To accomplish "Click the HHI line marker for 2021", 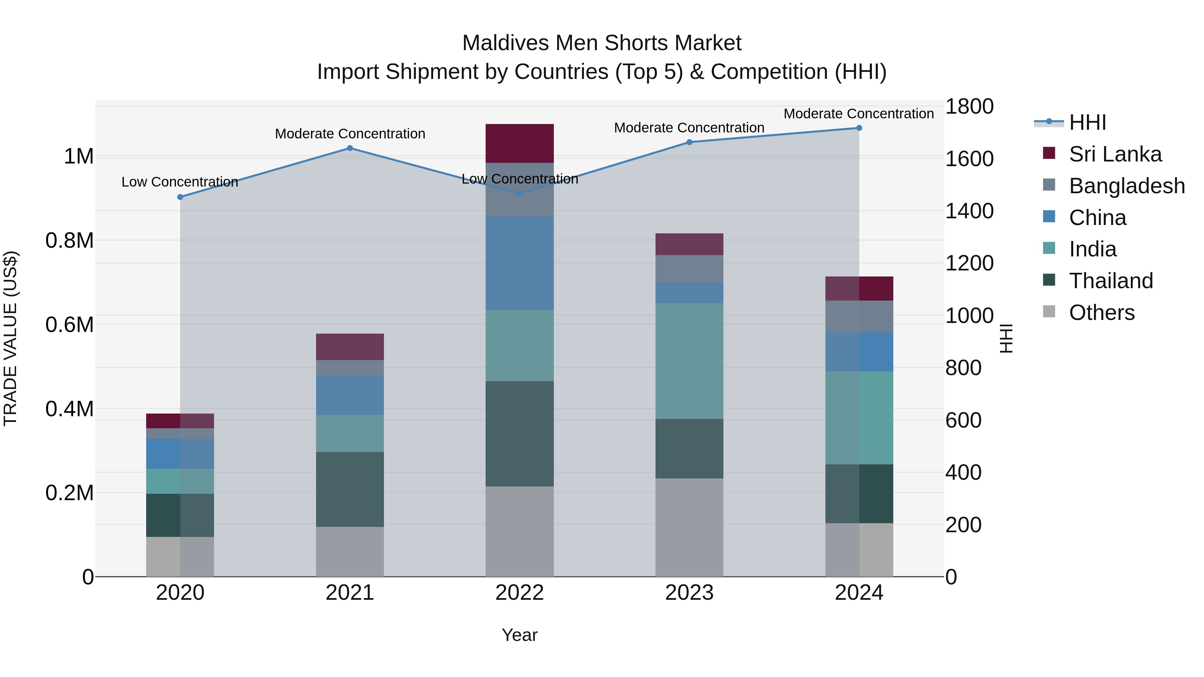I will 349,148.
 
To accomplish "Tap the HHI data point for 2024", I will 859,128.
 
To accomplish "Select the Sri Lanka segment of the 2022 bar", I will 519,143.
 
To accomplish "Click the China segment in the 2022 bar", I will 519,263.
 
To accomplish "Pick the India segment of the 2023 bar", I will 689,361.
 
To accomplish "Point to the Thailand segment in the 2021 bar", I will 349,489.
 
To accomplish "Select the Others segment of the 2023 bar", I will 689,527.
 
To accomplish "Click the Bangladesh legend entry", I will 1126,186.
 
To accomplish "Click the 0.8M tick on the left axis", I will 69,241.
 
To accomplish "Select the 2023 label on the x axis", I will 689,593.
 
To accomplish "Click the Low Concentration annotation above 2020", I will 180,182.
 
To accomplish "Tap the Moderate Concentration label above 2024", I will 858,114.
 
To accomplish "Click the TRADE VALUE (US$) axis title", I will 10,338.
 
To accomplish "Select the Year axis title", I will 519,635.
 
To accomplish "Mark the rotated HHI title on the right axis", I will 1005,338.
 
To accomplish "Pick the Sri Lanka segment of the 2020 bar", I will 180,421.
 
